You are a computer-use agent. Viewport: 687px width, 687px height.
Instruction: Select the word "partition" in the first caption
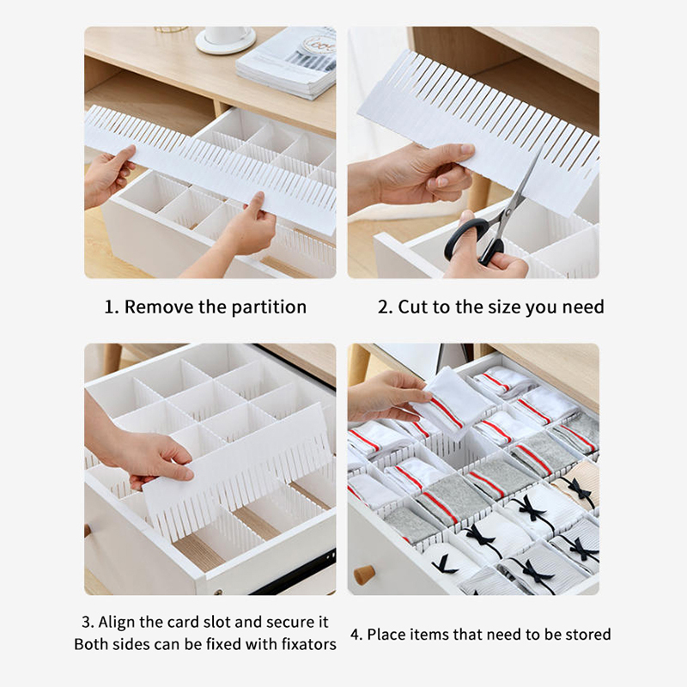click(269, 307)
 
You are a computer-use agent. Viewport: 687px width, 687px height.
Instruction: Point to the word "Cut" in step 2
click(413, 307)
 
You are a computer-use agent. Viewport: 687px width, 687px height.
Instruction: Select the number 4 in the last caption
click(356, 635)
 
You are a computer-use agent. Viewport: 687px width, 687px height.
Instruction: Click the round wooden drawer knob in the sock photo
click(364, 575)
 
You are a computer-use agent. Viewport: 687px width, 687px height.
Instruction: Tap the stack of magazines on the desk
click(287, 62)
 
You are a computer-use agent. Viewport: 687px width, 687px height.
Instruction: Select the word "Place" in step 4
click(382, 635)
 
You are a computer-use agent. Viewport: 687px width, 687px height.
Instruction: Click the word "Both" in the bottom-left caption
click(90, 644)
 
